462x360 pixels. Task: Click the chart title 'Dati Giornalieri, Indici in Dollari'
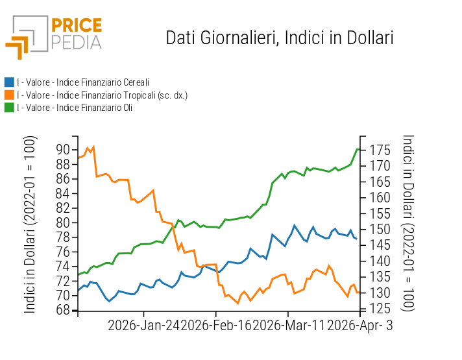(280, 38)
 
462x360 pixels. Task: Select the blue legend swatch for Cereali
(9, 82)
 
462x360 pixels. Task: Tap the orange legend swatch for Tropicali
(9, 95)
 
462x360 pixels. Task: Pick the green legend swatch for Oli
(9, 108)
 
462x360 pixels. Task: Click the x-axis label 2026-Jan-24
(143, 325)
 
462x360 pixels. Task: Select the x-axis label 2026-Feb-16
(215, 325)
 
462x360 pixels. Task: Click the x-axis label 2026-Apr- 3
(359, 325)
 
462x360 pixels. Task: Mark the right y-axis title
(408, 224)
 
